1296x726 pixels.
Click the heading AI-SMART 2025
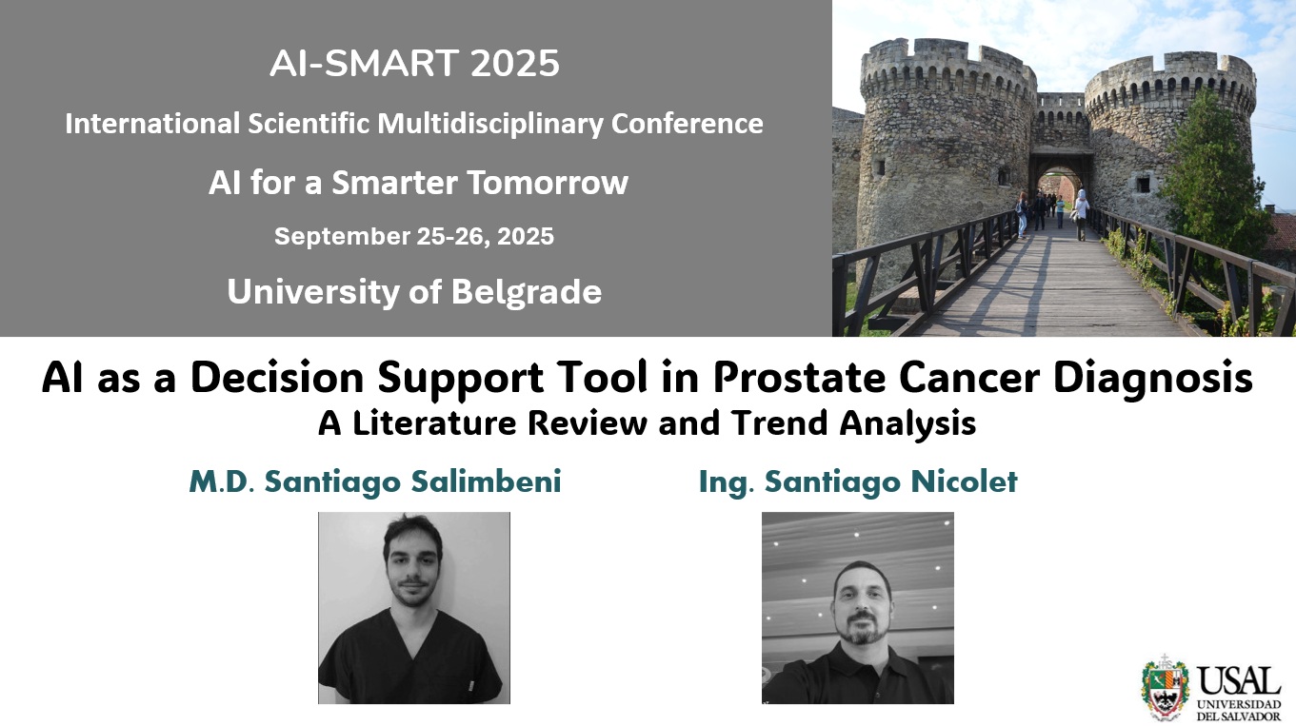pos(414,63)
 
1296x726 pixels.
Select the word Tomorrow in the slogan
pos(548,182)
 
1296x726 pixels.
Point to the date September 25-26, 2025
pos(414,236)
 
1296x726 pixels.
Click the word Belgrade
pos(527,292)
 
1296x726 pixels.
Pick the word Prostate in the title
pos(799,378)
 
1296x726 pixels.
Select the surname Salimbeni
pos(486,481)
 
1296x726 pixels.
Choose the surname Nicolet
pos(964,481)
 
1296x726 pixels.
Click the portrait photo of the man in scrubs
pos(414,607)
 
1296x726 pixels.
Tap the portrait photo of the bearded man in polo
pos(857,607)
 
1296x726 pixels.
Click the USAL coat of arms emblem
pos(1165,687)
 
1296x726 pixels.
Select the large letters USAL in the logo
pos(1239,681)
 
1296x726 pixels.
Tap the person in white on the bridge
pos(1082,214)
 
